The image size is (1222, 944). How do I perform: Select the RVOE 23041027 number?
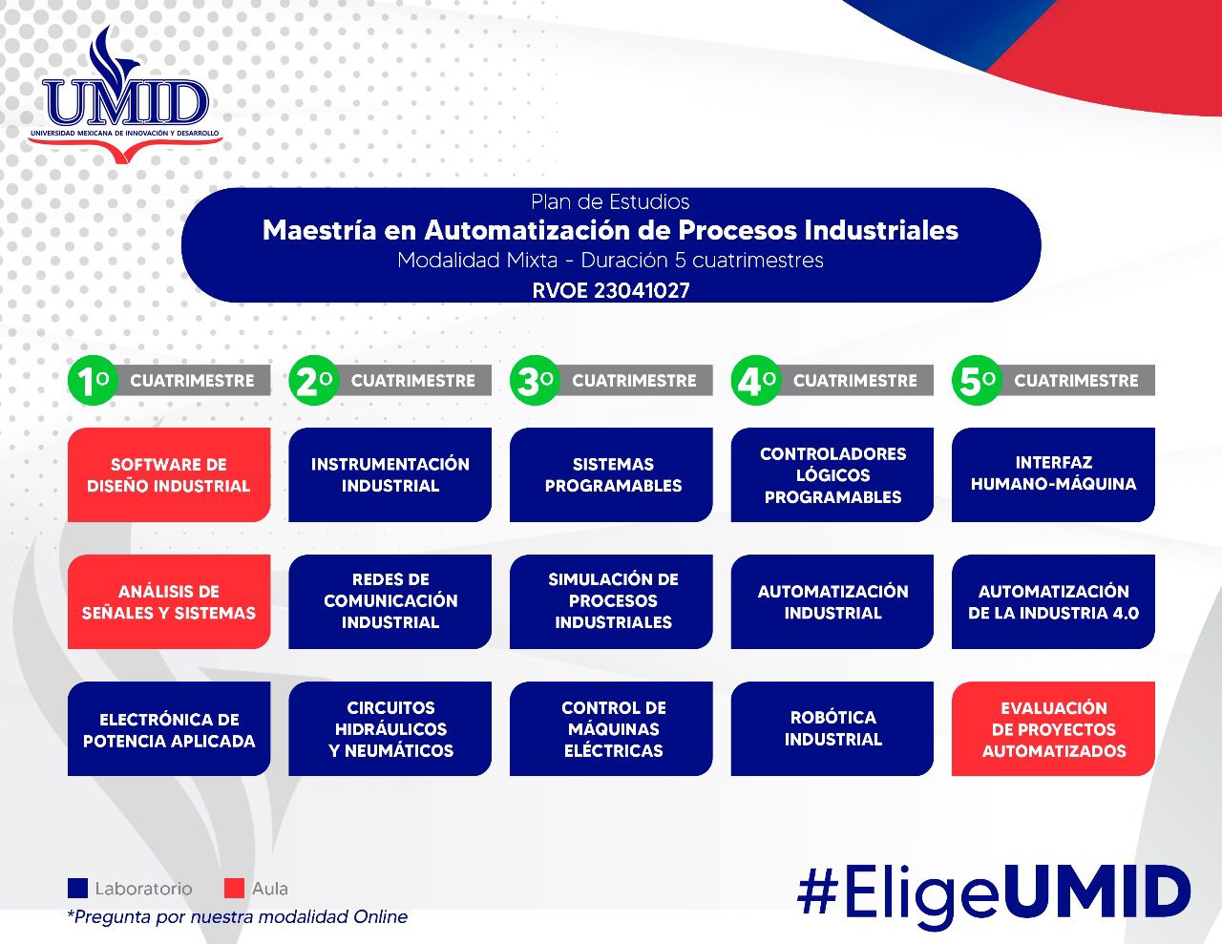(x=611, y=290)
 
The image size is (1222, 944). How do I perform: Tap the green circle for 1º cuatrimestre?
(x=92, y=381)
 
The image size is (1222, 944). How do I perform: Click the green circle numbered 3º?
(x=534, y=381)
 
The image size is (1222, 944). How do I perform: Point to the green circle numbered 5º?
(x=976, y=381)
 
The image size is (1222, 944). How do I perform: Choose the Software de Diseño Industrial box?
(x=169, y=474)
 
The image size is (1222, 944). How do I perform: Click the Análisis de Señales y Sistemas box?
(x=169, y=601)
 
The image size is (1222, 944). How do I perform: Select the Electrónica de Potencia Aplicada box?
(x=169, y=728)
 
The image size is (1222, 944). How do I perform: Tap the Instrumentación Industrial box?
(x=390, y=474)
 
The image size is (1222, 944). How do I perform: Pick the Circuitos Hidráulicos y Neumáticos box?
(x=390, y=728)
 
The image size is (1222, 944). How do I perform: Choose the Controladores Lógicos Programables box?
(x=832, y=474)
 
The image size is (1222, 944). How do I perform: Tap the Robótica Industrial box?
(x=832, y=728)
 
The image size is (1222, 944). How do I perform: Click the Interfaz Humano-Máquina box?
(x=1053, y=474)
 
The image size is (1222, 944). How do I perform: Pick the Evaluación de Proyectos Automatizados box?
(x=1053, y=728)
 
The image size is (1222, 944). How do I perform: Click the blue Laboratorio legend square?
(x=77, y=888)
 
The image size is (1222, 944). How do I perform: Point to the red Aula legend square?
(x=234, y=888)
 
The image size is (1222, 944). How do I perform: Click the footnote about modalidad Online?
(x=237, y=916)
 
